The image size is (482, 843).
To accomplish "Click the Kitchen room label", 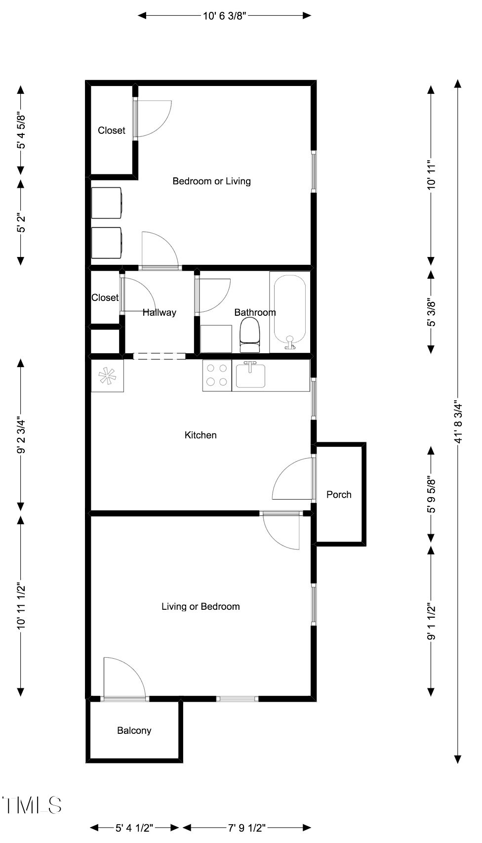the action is pos(201,435).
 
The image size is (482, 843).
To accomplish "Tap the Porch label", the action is pos(339,495).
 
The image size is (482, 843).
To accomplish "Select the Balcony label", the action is pos(134,730).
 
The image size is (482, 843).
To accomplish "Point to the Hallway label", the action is pos(160,312).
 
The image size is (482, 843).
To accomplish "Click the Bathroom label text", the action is pos(255,312).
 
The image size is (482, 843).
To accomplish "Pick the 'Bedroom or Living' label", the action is pos(212,181).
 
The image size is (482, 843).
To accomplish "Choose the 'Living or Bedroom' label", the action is pos(201,606).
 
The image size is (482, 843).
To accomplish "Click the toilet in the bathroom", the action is pos(250,335).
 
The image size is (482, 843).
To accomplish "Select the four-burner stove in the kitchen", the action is pos(217,375).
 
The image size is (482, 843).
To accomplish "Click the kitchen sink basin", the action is pos(250,375).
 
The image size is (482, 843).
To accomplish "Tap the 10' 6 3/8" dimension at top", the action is pos(225,16).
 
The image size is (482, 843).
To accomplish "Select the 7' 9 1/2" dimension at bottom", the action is pos(246,828).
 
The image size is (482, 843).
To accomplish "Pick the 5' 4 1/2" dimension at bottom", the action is pos(134,828).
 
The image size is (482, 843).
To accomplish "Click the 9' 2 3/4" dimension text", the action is pos(21,436).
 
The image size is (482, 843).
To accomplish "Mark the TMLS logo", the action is pos(32,805).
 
